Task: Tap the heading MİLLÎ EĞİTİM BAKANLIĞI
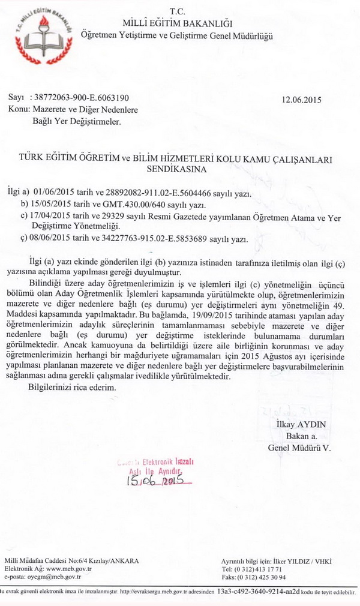[178, 23]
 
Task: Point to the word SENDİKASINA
[177, 169]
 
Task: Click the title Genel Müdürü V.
[299, 448]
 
